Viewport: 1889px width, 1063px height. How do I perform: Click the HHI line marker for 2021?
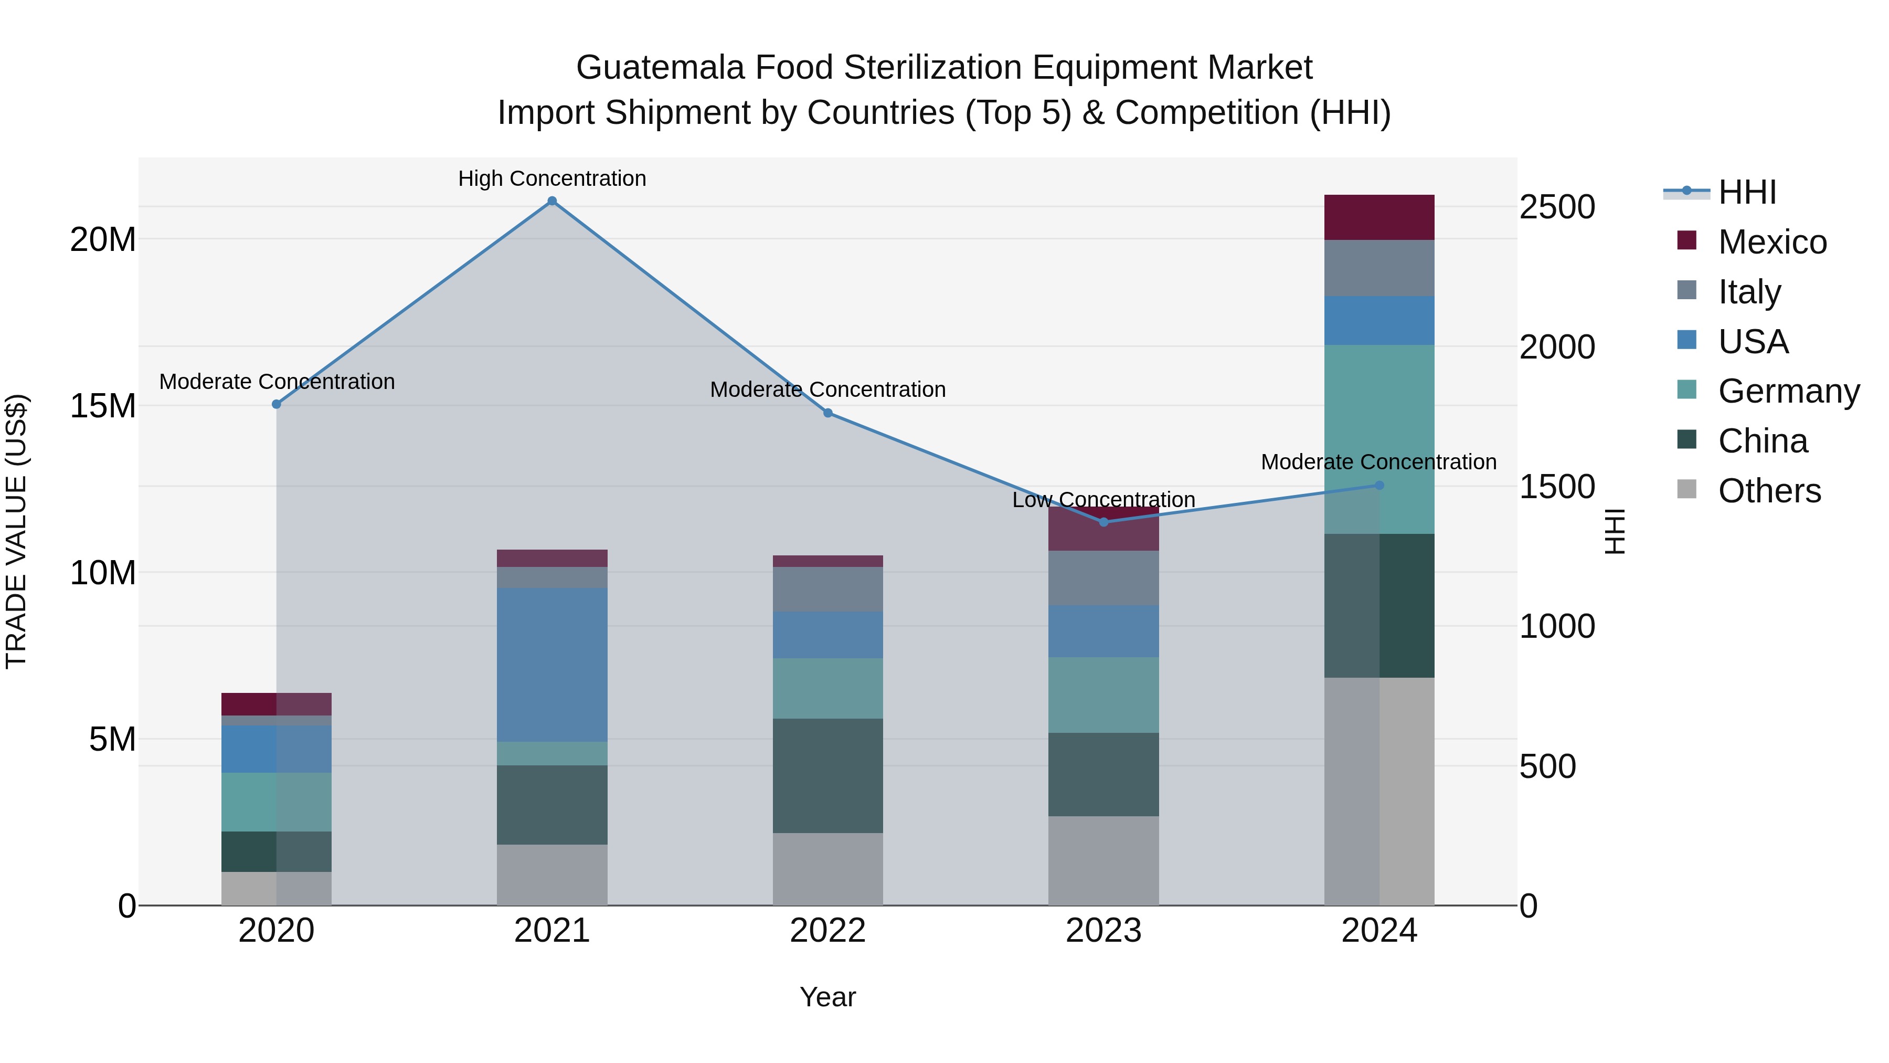552,201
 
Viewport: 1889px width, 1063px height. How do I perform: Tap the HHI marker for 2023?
1103,522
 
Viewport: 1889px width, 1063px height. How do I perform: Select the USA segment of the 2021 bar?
552,664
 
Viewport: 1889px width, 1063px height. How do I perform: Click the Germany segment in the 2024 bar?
1379,439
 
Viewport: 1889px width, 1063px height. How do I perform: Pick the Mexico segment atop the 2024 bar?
1379,217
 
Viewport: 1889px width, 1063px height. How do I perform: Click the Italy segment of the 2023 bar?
1103,578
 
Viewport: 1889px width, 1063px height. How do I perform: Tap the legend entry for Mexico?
1771,242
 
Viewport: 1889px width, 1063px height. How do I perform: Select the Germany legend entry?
1788,391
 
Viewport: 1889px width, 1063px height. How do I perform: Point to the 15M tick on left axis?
103,406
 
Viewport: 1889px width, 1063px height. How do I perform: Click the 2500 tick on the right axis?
1557,207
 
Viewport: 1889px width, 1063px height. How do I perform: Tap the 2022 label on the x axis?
828,931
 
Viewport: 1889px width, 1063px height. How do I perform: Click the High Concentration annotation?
552,178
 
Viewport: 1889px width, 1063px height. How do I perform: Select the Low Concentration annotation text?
1103,500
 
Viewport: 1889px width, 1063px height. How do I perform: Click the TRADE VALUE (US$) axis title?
16,531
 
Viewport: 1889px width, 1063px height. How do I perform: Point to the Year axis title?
828,997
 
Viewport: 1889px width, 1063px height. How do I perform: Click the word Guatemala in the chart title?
660,68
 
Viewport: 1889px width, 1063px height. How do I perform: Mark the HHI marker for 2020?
277,404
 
